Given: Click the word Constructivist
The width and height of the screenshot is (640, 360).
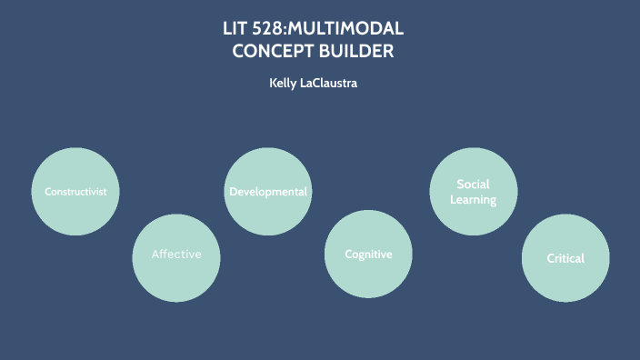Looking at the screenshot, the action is [x=75, y=192].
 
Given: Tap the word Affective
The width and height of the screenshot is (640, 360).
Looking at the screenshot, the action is [x=176, y=255].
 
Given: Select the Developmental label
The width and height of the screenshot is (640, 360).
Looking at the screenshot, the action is [x=268, y=192].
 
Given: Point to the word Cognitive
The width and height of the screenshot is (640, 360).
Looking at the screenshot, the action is [x=368, y=255].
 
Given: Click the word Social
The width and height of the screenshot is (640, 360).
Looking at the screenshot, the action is [x=473, y=185].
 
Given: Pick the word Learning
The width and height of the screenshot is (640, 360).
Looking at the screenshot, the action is [x=473, y=200].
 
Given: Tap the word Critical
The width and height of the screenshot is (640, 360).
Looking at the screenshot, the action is [x=565, y=258].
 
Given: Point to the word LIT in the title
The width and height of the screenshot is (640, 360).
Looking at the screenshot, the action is [x=236, y=28].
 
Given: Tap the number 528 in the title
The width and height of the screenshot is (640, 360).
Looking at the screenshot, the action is [x=274, y=28].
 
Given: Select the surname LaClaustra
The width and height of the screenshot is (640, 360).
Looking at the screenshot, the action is [x=335, y=84].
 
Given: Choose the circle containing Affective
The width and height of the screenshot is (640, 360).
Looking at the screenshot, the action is [x=176, y=277].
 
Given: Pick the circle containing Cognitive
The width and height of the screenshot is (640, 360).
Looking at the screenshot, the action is [x=368, y=277].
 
